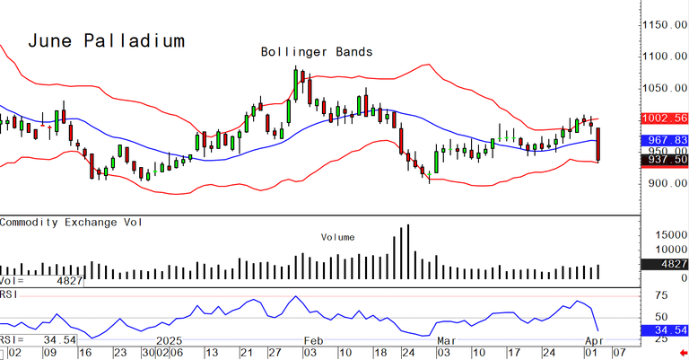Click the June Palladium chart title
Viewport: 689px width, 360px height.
(106, 41)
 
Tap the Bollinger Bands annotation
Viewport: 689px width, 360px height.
(316, 52)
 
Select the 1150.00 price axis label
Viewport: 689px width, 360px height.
(664, 26)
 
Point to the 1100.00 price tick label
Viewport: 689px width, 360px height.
(664, 57)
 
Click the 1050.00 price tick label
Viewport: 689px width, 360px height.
(664, 89)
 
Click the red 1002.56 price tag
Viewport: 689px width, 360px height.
(664, 119)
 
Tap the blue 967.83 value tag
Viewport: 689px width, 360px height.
(664, 140)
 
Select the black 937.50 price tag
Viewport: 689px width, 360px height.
(664, 160)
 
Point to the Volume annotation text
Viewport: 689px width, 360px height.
(338, 237)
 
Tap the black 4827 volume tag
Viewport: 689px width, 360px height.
(667, 264)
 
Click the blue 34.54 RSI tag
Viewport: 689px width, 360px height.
(664, 330)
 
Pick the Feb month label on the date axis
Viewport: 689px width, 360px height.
(312, 342)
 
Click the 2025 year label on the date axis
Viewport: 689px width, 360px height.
(170, 342)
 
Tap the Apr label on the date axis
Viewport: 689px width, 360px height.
(593, 342)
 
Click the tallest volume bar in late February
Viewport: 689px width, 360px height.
(408, 252)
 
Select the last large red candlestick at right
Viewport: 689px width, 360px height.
(598, 145)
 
